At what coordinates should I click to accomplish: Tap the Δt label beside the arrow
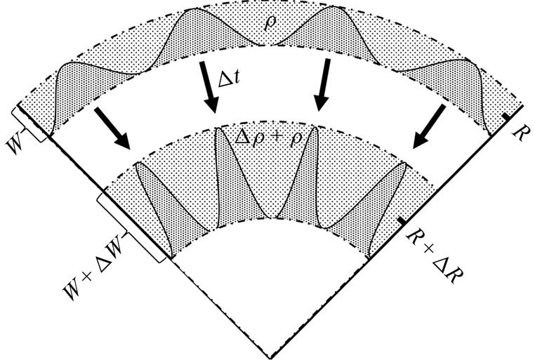click(229, 82)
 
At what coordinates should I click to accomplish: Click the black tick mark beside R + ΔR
click(400, 221)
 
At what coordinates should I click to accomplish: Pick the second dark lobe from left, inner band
click(229, 175)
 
